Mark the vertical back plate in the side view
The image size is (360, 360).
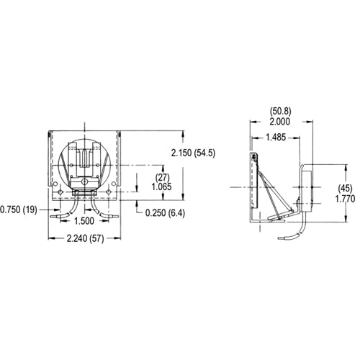point(253,184)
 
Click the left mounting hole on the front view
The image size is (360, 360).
point(57,185)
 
